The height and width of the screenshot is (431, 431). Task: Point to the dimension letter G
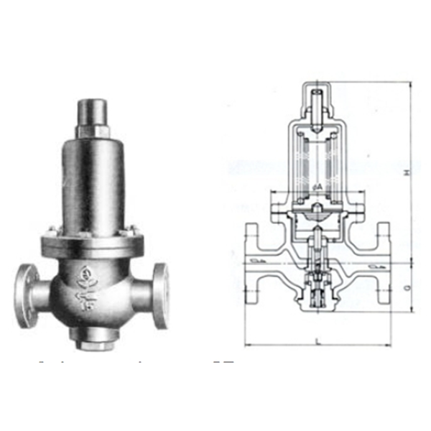click(x=406, y=287)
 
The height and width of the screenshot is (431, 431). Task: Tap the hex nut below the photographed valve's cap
click(x=93, y=131)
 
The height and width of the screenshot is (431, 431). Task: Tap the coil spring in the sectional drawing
click(x=316, y=162)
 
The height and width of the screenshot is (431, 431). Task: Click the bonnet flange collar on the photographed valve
click(x=93, y=236)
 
